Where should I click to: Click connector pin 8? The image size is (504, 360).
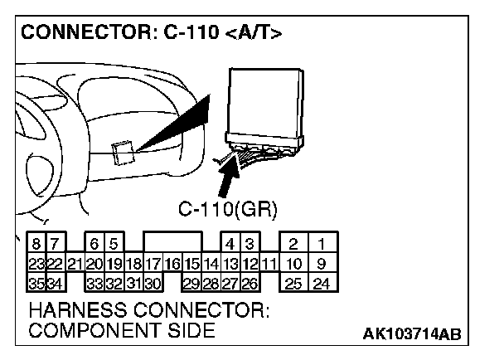pos(37,245)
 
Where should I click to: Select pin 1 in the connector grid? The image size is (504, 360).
pos(320,245)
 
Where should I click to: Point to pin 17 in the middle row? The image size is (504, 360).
pos(153,265)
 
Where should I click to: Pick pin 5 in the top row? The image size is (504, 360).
pos(114,245)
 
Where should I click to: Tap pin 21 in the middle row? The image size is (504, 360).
pos(75,265)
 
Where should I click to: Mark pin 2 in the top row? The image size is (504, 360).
pos(293,245)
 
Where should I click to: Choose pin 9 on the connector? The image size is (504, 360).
pos(320,265)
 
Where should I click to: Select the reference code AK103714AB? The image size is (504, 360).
pos(411,333)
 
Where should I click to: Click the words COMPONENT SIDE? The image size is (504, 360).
pos(121,331)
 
